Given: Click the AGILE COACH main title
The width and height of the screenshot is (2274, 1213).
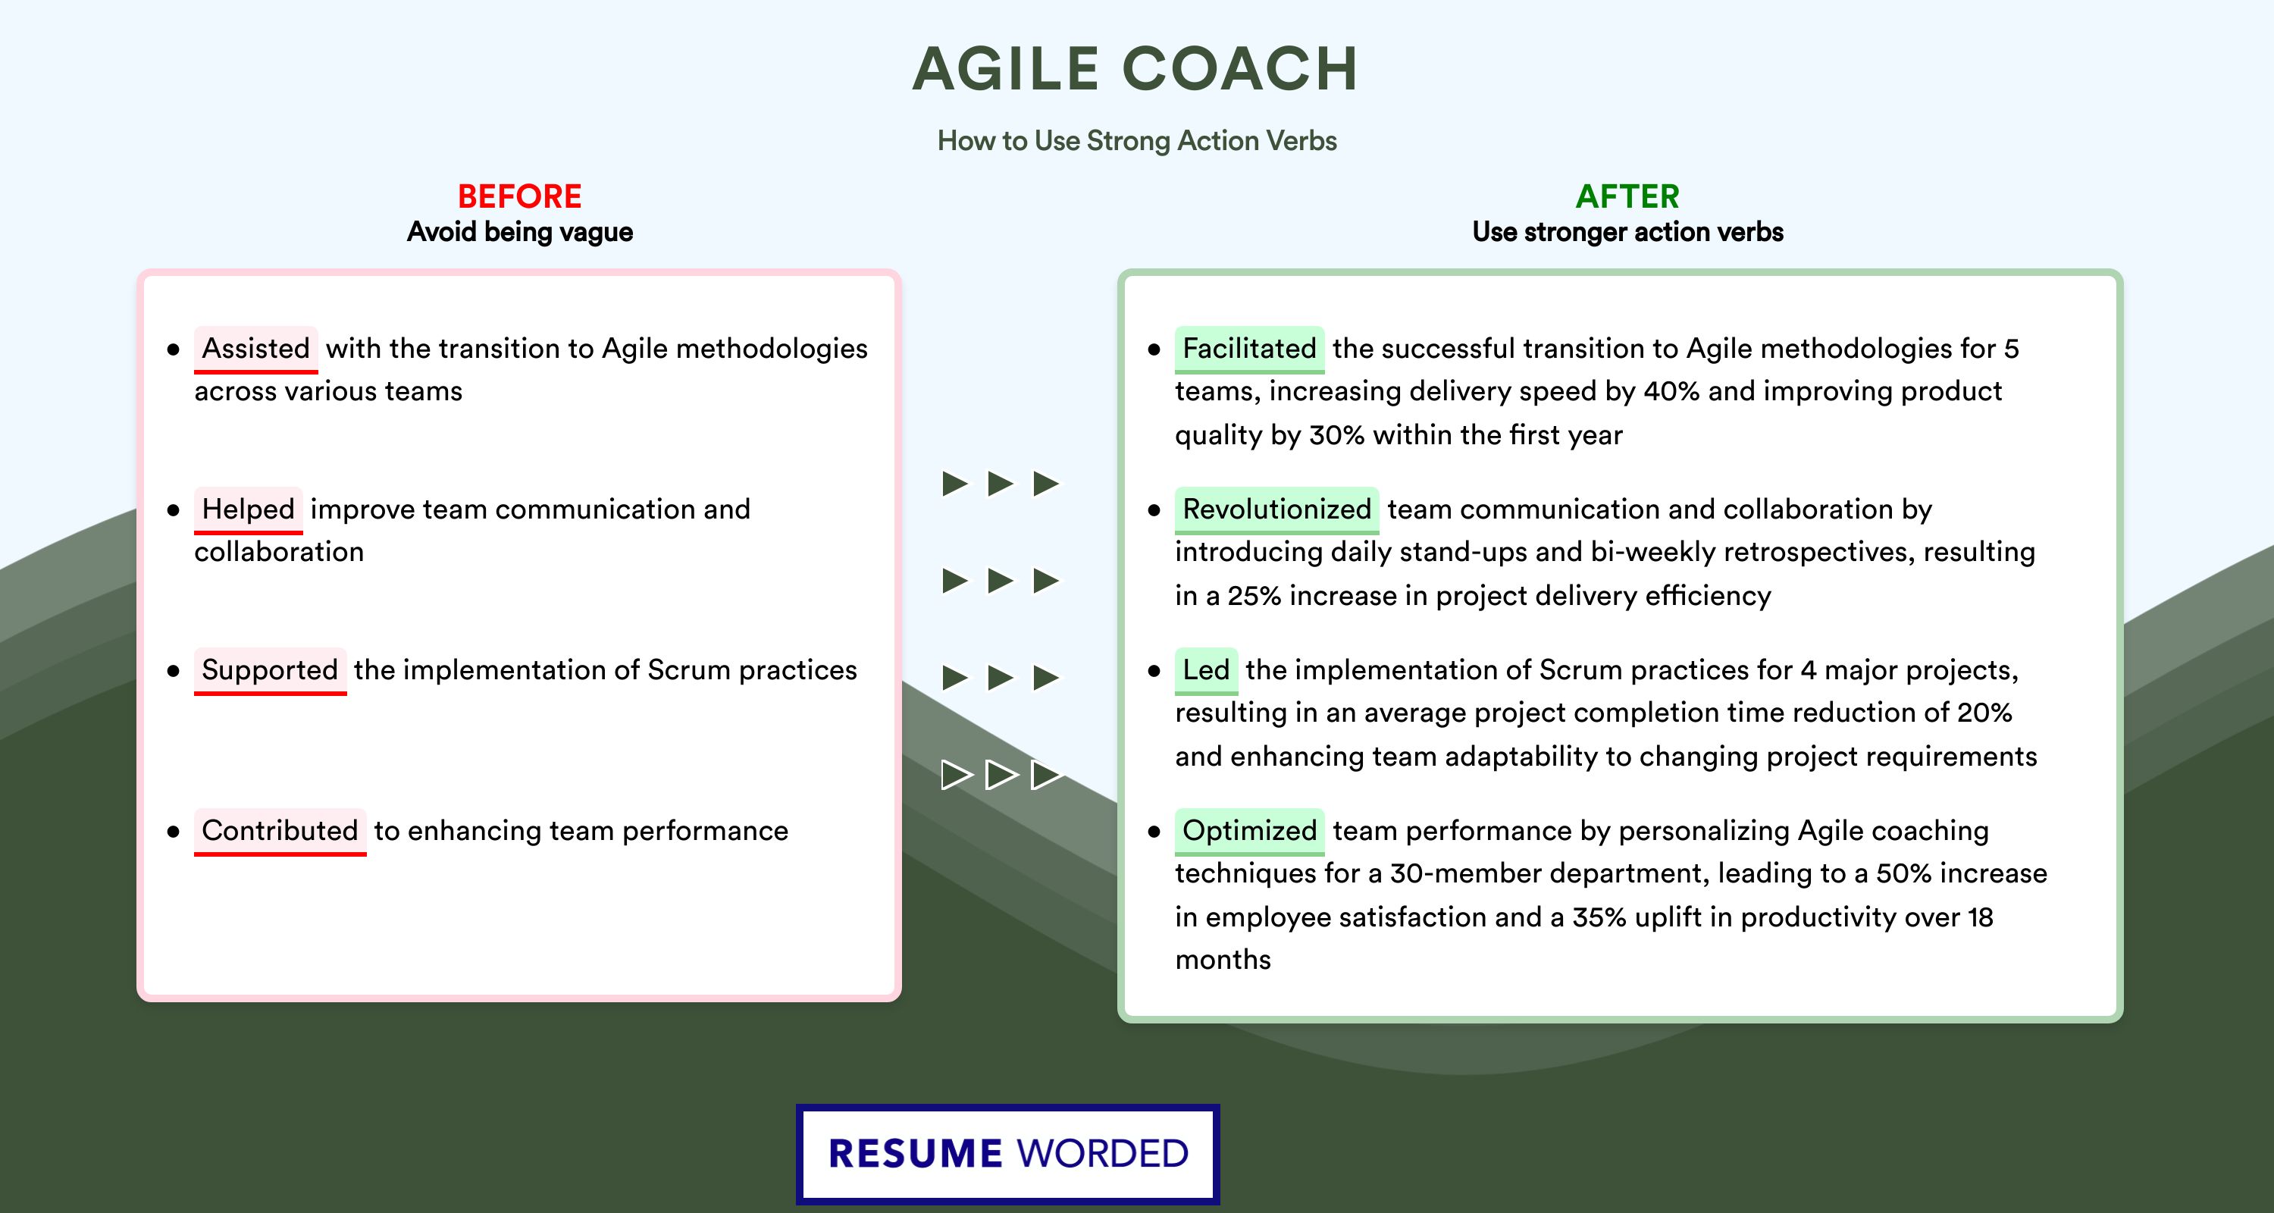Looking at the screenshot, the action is [x=1135, y=69].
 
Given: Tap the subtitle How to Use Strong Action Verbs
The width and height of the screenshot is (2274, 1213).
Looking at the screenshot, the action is [x=1137, y=140].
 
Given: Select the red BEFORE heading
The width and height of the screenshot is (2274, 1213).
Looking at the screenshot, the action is [x=519, y=196].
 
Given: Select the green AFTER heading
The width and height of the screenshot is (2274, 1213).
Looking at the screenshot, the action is [x=1628, y=196].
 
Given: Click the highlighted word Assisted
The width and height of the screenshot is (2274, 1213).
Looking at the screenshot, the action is [x=256, y=349].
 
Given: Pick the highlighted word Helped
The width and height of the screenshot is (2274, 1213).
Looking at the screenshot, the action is [x=248, y=509].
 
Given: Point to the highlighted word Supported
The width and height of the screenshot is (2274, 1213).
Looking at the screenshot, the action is [x=270, y=670].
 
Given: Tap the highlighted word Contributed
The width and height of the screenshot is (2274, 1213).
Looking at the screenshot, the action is [x=280, y=831].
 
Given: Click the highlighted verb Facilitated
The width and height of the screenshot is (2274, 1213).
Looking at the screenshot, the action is [x=1249, y=349].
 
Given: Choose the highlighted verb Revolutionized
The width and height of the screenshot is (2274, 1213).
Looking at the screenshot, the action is [x=1276, y=509].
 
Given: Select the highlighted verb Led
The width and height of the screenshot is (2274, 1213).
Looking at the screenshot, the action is [x=1206, y=670].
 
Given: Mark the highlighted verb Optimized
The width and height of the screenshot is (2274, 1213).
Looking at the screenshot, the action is [x=1249, y=831].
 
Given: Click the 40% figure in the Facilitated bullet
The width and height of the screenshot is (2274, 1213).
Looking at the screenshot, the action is [x=1672, y=391].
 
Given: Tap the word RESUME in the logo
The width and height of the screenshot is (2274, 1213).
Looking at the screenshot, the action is [x=915, y=1154].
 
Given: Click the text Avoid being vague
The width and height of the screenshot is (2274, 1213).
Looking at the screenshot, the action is [x=520, y=232].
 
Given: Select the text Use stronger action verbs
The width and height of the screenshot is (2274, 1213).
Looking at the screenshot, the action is [x=1628, y=232].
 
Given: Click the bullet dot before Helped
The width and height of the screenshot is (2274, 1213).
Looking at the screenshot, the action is [x=173, y=510].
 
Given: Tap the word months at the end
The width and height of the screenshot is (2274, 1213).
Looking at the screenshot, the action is [x=1223, y=960].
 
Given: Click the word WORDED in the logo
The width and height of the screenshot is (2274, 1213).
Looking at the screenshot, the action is [x=1103, y=1154].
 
